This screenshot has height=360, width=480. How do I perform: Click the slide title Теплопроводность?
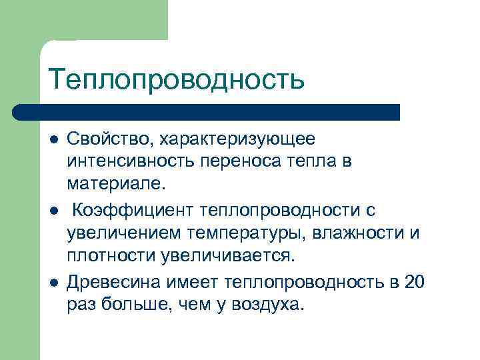point(177,79)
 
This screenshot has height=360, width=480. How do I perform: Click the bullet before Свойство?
point(53,139)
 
